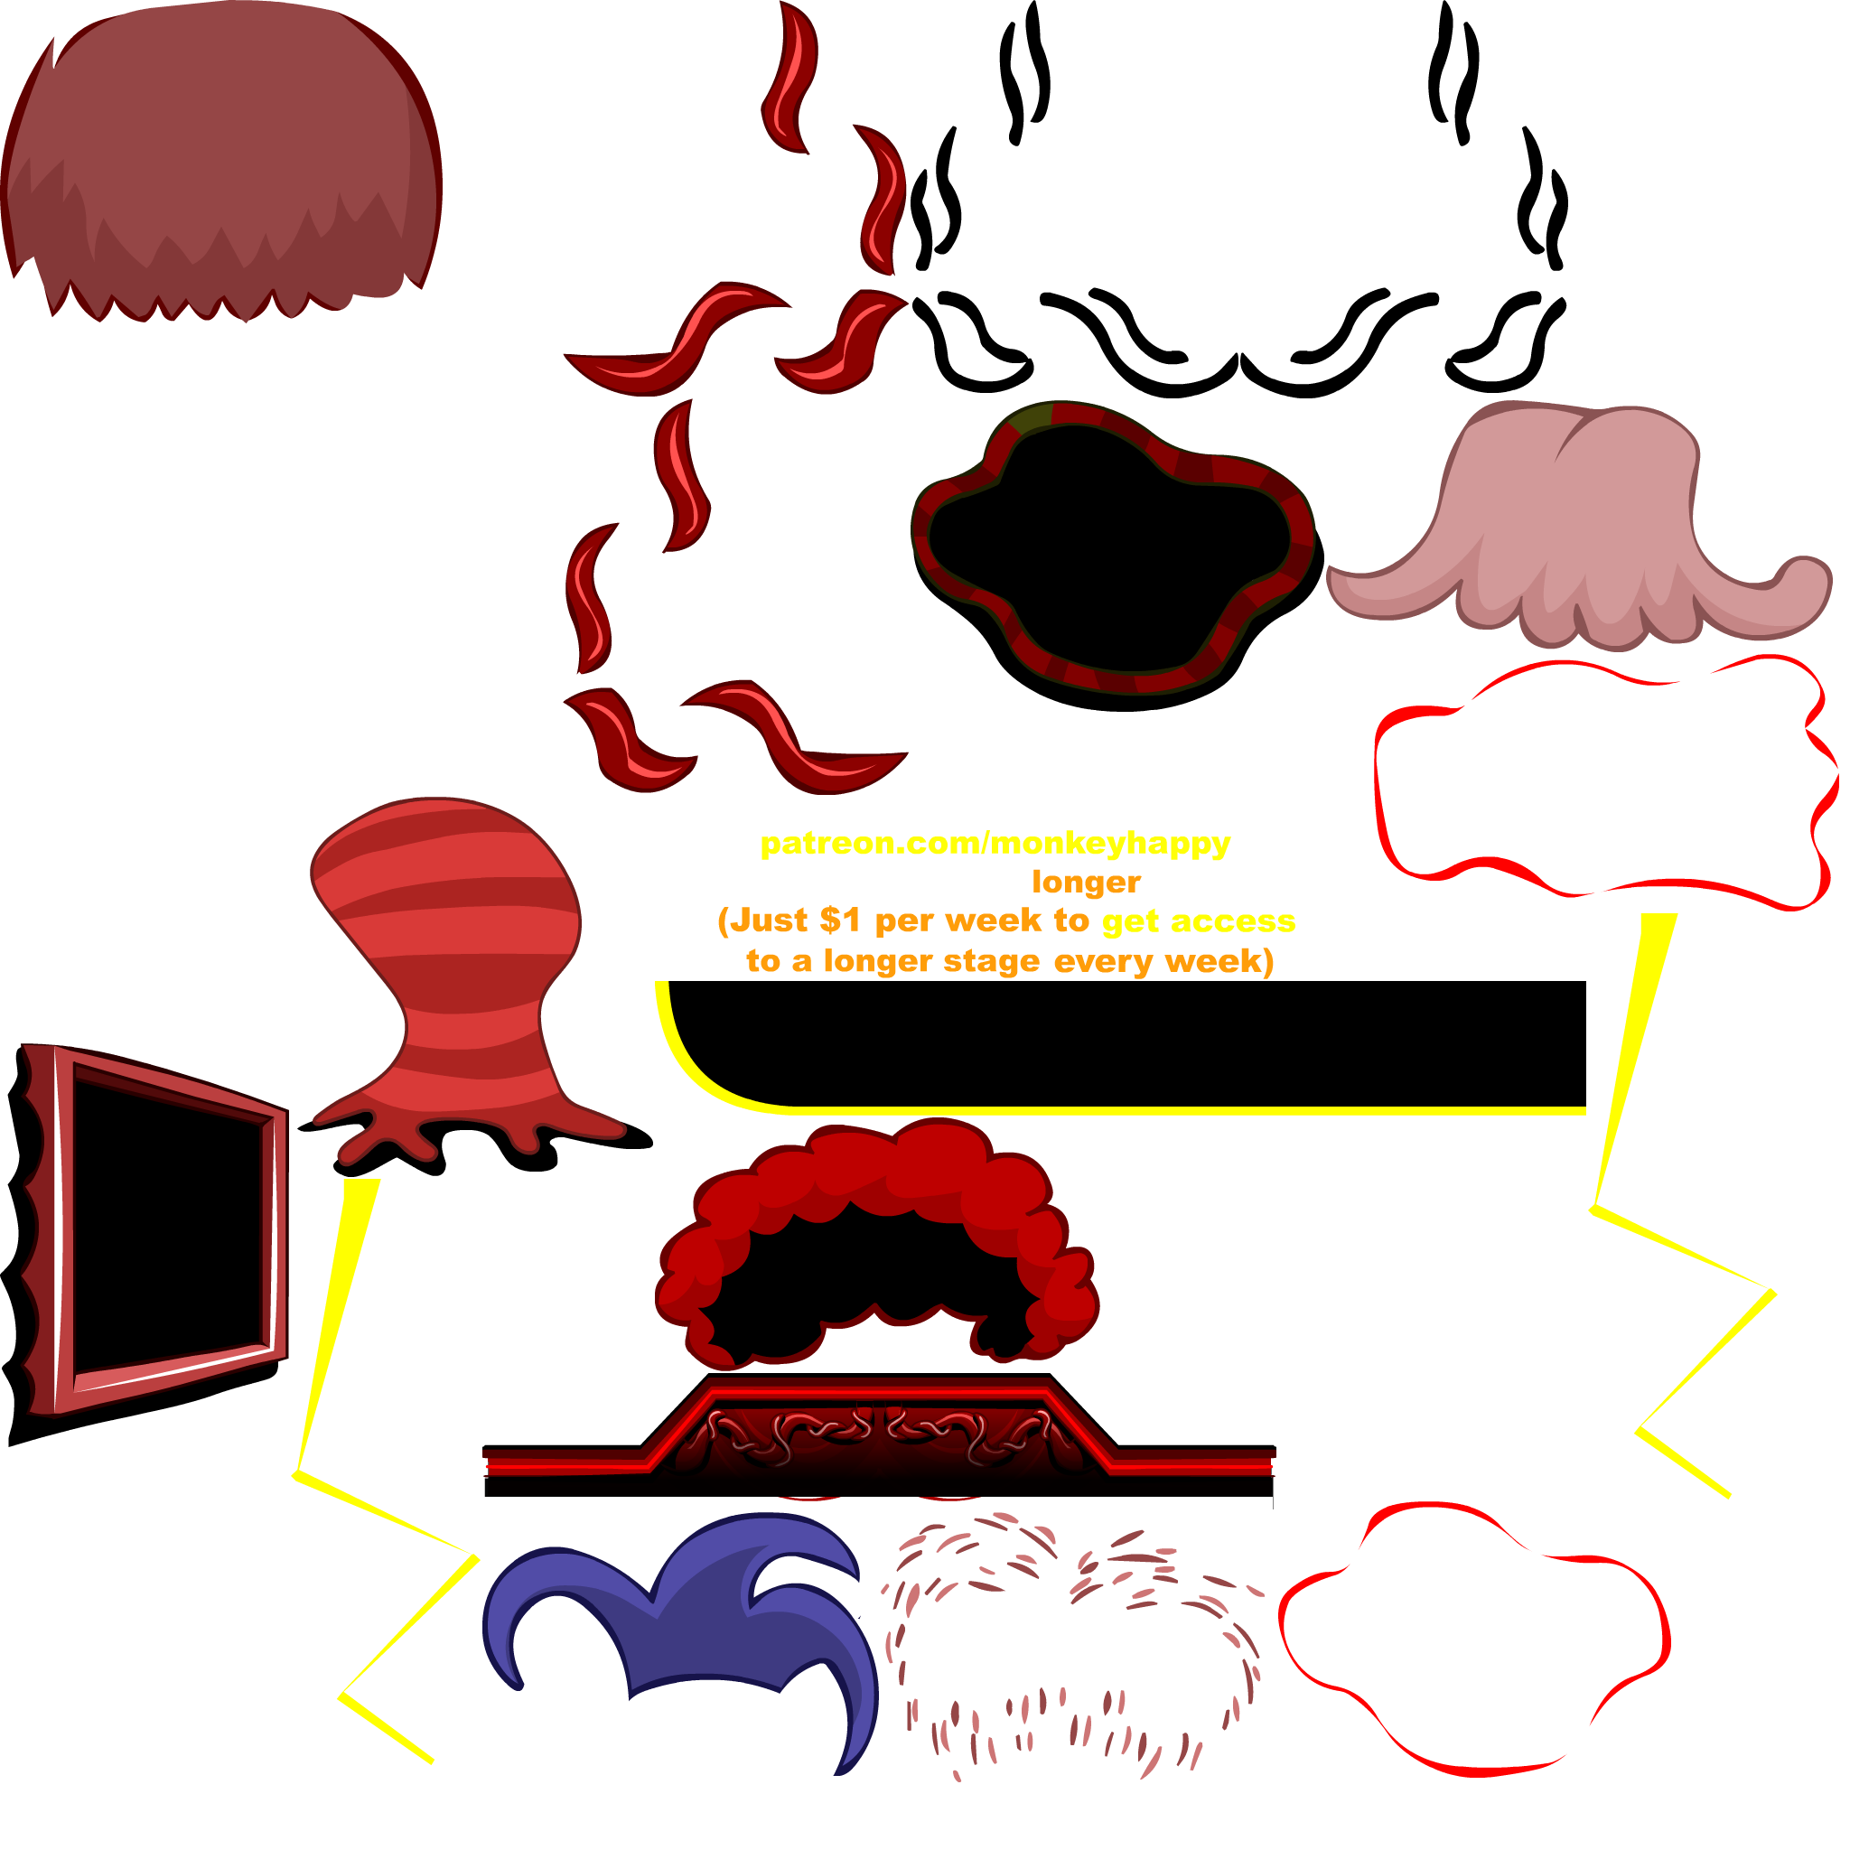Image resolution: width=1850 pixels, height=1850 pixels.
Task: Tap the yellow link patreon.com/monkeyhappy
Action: [x=995, y=844]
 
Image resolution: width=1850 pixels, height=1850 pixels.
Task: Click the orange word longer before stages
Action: [x=1086, y=882]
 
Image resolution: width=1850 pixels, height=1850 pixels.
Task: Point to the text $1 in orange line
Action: [x=840, y=921]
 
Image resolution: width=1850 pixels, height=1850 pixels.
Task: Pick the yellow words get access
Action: [x=1199, y=921]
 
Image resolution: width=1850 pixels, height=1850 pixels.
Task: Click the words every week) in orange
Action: [x=1163, y=960]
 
